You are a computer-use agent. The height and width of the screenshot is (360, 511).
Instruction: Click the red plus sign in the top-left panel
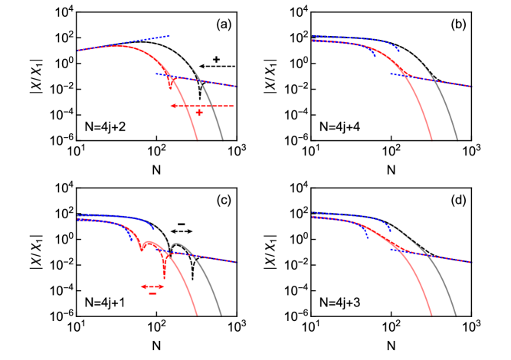pyautogui.click(x=199, y=113)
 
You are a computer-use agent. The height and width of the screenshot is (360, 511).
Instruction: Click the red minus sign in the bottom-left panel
pyautogui.click(x=152, y=293)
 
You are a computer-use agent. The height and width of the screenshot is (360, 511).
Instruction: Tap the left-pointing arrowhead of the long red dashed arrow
pyautogui.click(x=172, y=106)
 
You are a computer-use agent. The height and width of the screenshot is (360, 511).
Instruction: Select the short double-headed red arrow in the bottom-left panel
pyautogui.click(x=152, y=286)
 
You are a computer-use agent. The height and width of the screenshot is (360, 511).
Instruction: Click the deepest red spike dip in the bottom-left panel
pyautogui.click(x=164, y=277)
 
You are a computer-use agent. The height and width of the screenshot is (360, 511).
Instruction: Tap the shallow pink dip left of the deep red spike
pyautogui.click(x=141, y=250)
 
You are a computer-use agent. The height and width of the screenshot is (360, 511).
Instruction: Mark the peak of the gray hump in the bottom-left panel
pyautogui.click(x=177, y=244)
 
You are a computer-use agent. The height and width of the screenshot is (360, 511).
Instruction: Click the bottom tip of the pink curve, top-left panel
pyautogui.click(x=198, y=139)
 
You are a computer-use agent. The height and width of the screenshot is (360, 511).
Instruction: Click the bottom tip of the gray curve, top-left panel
pyautogui.click(x=223, y=139)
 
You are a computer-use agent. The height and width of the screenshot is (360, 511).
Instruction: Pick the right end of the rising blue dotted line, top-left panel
pyautogui.click(x=169, y=36)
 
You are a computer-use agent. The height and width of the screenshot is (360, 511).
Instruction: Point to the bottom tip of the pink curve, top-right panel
pyautogui.click(x=432, y=139)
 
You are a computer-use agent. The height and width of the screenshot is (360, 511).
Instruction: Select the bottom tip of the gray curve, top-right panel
pyautogui.click(x=457, y=139)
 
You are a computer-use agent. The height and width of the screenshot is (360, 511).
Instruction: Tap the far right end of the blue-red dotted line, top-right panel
pyautogui.click(x=472, y=86)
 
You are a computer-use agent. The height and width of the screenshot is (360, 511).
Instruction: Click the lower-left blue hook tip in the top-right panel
pyautogui.click(x=375, y=57)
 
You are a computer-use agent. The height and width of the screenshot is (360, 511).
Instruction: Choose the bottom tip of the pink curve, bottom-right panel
pyautogui.click(x=432, y=315)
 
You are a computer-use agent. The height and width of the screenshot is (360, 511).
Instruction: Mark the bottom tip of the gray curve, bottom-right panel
pyautogui.click(x=457, y=315)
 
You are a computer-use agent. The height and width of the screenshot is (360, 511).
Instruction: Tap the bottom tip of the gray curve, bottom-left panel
pyautogui.click(x=222, y=315)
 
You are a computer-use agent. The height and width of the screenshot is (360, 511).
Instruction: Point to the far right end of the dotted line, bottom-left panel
pyautogui.click(x=238, y=262)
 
